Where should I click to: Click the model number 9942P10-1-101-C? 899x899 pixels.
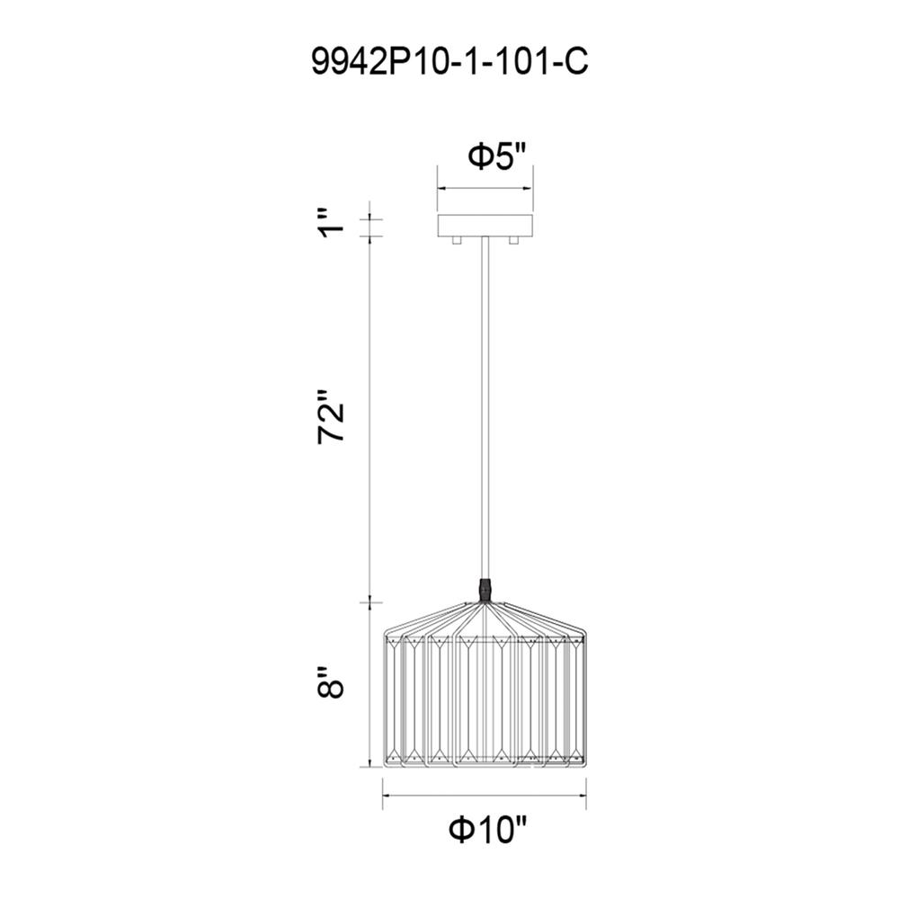pos(449,61)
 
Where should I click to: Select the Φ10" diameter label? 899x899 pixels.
pos(487,830)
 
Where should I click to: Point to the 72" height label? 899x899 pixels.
pos(331,415)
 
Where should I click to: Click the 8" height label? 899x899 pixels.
pos(331,682)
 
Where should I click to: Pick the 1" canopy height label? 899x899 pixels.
pos(331,224)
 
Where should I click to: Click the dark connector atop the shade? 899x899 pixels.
pos(485,591)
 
